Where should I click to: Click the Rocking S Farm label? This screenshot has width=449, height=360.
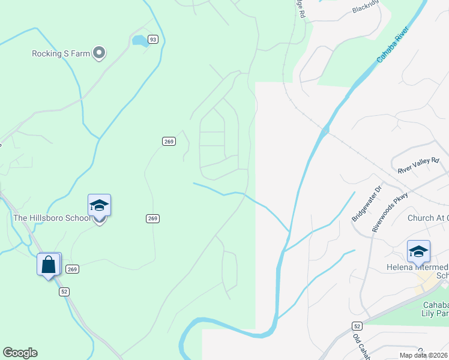[x=61, y=53]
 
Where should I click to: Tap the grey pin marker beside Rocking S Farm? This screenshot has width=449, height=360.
[x=100, y=53]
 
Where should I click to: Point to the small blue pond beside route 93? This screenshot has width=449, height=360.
[x=140, y=41]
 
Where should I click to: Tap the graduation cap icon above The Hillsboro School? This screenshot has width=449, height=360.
[x=99, y=206]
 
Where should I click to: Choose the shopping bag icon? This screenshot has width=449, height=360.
[x=49, y=264]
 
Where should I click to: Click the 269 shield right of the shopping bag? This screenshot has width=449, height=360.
[x=72, y=269]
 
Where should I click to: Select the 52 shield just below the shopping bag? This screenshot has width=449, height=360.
[x=64, y=292]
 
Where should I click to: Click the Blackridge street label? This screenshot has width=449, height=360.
[x=366, y=8]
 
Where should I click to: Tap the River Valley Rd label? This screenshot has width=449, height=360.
[x=419, y=166]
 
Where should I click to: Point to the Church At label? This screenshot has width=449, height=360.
[x=427, y=218]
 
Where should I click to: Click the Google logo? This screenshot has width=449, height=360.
[x=20, y=353]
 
